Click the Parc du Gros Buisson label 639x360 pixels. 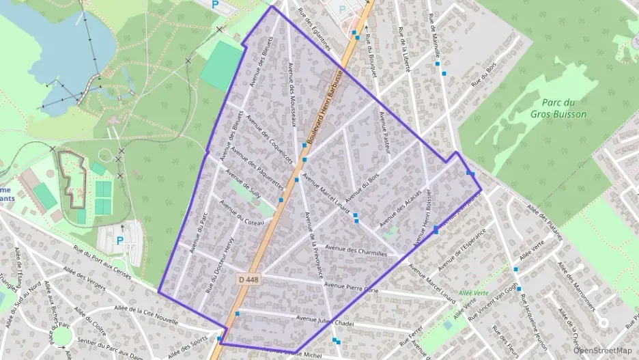coord(558,109)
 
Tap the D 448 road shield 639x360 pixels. coord(250,280)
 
